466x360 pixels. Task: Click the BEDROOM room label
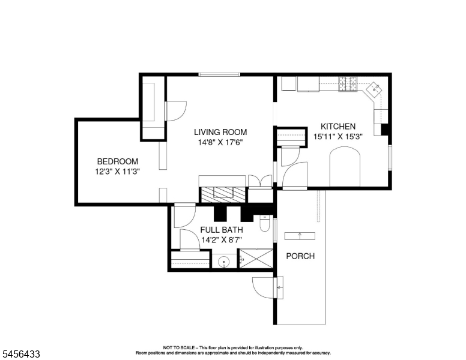118,161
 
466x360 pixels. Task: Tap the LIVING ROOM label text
220,132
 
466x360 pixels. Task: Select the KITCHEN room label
338,127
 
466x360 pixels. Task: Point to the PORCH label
300,256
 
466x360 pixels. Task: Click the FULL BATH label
222,230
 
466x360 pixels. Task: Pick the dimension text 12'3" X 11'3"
117,172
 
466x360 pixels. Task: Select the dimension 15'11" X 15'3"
338,137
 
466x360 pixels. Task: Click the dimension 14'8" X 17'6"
220,143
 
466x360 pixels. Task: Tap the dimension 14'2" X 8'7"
222,240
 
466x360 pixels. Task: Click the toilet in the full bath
264,223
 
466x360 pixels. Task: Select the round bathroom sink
224,262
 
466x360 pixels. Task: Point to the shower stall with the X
256,259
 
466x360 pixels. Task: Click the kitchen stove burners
348,84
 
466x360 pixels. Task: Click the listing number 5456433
21,354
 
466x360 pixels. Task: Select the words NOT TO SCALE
179,347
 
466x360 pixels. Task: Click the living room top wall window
219,74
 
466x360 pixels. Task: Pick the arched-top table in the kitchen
345,167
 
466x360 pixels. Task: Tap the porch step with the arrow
300,236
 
